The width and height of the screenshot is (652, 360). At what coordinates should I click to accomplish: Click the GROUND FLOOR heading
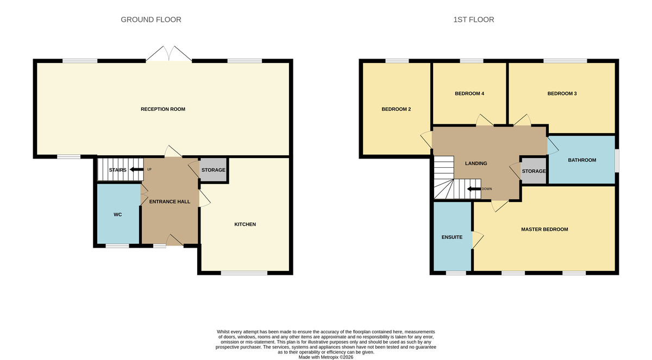point(151,20)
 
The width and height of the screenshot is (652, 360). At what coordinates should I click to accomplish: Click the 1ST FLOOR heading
point(473,20)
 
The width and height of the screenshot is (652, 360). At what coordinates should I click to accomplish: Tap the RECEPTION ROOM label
point(163,109)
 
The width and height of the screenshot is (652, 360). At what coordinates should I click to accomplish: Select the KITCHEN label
point(244,224)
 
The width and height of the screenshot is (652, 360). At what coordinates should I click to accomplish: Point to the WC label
point(117,214)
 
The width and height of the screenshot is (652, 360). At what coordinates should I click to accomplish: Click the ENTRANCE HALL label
point(170,201)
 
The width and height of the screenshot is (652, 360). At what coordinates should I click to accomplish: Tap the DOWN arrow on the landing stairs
point(474,189)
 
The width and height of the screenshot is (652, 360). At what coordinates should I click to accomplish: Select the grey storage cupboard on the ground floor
point(213,170)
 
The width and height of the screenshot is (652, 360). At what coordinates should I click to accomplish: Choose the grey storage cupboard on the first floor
point(533,171)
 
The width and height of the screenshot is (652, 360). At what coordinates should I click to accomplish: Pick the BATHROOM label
point(582,160)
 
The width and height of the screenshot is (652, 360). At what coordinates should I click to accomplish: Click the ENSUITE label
point(452,237)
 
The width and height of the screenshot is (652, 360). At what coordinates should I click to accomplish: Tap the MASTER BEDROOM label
point(544,229)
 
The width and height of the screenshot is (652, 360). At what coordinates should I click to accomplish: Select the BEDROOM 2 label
point(396,109)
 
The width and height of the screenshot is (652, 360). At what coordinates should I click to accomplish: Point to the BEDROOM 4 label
point(469,93)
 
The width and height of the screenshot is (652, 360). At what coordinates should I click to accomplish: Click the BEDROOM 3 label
point(562,93)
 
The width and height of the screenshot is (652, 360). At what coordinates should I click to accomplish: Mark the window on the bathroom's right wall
point(617,161)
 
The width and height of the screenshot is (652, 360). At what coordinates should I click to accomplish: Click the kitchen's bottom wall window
point(244,273)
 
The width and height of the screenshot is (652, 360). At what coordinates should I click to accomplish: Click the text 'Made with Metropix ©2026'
point(325,357)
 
